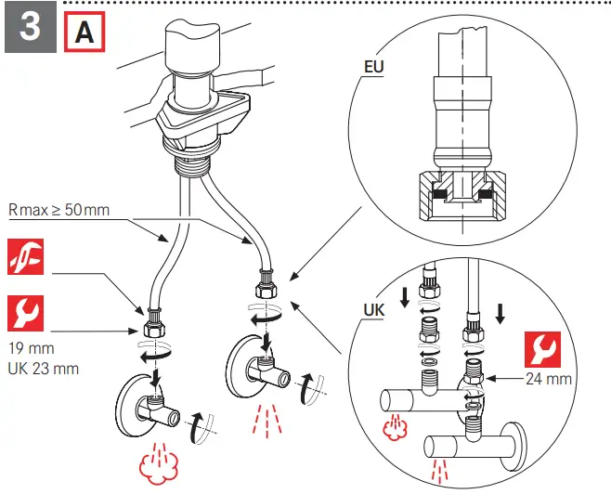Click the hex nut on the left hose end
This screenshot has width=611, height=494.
pyautogui.click(x=152, y=328)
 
